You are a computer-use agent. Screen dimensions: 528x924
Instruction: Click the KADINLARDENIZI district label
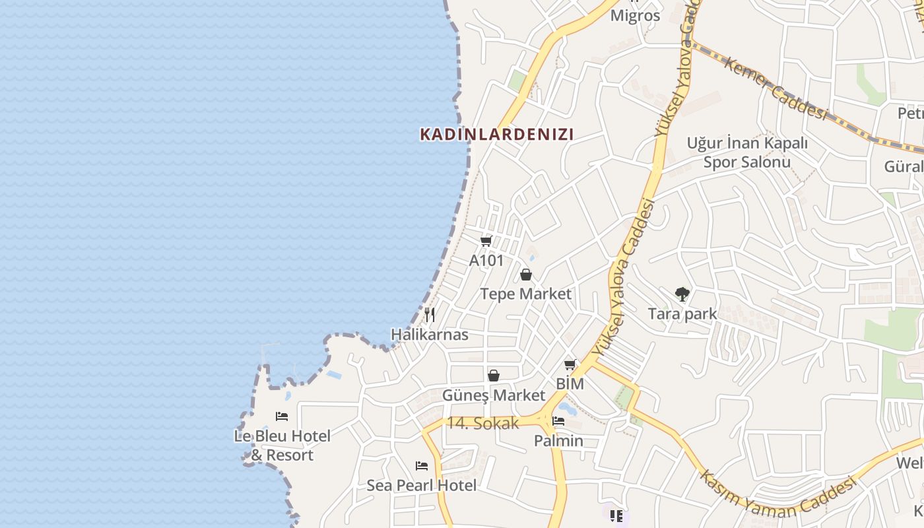point(496,135)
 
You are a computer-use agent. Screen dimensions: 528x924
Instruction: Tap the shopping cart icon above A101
point(486,241)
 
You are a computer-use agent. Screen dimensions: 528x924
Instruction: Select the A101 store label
point(486,261)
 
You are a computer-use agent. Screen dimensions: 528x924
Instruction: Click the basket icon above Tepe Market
point(526,275)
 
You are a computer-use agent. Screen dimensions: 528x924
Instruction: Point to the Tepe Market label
point(525,294)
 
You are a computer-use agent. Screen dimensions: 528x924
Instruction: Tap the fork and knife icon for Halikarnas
point(430,315)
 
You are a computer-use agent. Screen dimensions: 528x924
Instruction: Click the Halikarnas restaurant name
point(430,335)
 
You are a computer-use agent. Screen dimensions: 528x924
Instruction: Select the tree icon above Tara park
point(682,294)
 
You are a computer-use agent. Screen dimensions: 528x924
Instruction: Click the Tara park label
point(682,313)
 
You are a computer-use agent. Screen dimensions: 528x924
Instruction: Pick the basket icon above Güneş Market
point(494,376)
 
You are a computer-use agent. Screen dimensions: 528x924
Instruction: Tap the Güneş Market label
point(494,395)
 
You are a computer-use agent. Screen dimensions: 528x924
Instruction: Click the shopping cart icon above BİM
point(570,364)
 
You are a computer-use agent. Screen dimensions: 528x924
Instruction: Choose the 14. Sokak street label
point(483,424)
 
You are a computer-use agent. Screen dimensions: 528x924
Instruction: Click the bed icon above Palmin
point(558,421)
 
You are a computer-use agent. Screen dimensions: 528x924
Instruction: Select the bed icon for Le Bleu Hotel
point(282,416)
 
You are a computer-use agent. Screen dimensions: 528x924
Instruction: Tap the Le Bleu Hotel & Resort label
point(282,445)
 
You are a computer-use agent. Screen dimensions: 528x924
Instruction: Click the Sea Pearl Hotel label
point(422,486)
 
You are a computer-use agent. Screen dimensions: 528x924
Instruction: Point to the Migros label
point(635,16)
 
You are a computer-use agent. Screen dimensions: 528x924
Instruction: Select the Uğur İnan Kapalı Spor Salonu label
point(747,152)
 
